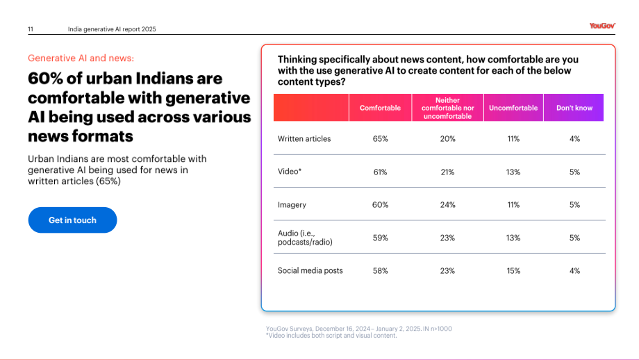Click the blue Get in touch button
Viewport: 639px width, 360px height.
[x=72, y=220]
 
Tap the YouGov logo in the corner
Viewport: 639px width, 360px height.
[x=602, y=26]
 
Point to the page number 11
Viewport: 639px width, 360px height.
[x=31, y=29]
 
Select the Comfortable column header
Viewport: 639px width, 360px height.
[x=380, y=108]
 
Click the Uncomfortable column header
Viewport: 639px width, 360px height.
[x=513, y=108]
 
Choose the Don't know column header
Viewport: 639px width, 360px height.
[x=574, y=108]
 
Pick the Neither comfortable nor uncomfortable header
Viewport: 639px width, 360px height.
[x=447, y=108]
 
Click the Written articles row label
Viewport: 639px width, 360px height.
[x=304, y=138]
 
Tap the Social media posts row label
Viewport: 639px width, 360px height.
[x=310, y=270]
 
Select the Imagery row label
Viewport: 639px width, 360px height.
[x=292, y=204]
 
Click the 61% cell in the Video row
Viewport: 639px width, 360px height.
[x=380, y=172]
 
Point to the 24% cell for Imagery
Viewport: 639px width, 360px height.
[x=447, y=204]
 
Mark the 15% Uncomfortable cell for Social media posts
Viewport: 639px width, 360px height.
[x=513, y=271]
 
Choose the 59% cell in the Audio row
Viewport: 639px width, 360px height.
[x=380, y=238]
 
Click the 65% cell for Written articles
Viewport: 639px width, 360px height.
[x=380, y=139]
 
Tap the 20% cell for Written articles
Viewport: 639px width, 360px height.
[x=447, y=139]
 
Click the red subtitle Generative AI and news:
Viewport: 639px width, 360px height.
[x=81, y=58]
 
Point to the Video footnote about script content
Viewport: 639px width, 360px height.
[x=331, y=336]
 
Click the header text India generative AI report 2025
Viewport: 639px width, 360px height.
[x=112, y=29]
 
